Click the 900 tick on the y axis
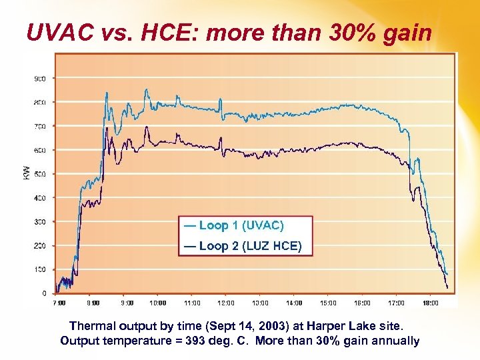(40, 79)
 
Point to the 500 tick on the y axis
(40, 174)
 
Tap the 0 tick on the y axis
(44, 293)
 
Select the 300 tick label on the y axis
(40, 222)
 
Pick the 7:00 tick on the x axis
(59, 303)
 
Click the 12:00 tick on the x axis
(226, 303)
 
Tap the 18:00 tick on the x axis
(431, 303)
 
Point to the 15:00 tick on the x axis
(328, 303)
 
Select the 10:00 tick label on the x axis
(158, 303)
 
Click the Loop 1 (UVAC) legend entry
(234, 226)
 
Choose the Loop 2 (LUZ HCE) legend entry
(243, 247)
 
